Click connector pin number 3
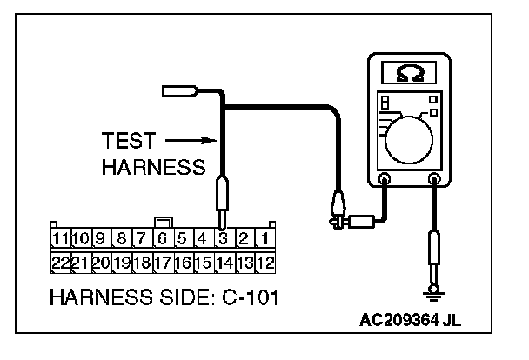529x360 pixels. (223, 237)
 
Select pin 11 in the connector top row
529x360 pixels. (60, 237)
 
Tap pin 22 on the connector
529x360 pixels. (60, 260)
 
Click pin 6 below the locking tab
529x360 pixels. (163, 237)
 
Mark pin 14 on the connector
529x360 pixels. (224, 260)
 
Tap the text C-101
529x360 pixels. (250, 298)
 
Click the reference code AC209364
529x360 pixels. (399, 321)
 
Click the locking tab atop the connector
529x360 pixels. (162, 222)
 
